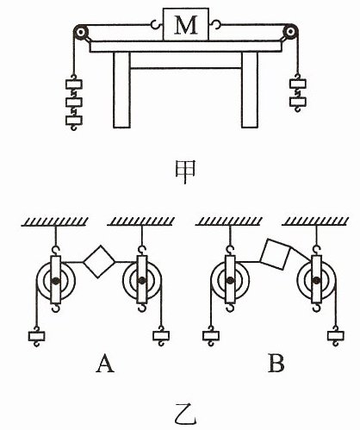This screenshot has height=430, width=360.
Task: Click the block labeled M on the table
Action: coord(186,24)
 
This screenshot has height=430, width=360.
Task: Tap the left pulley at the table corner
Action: coord(81,32)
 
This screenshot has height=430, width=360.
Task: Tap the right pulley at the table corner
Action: coord(290,31)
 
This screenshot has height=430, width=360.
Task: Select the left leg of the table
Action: coord(121,90)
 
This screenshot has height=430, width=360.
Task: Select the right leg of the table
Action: coord(250,90)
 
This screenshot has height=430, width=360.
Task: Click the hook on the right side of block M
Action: coord(214,24)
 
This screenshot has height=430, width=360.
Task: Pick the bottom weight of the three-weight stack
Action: coord(74,120)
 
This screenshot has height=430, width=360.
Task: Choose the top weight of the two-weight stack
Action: coord(298,84)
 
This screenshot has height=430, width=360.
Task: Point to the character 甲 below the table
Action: coord(185,172)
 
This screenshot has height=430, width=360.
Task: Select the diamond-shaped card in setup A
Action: coord(99,261)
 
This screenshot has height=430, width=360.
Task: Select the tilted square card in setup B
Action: coord(275,254)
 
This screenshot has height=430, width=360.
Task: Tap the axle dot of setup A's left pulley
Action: coord(56,280)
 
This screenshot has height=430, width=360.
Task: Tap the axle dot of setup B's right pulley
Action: coord(316,280)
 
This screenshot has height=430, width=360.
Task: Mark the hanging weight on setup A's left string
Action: coord(37,336)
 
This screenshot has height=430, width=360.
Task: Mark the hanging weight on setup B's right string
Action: coord(336,335)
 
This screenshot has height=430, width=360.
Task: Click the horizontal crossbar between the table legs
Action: coord(186,68)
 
